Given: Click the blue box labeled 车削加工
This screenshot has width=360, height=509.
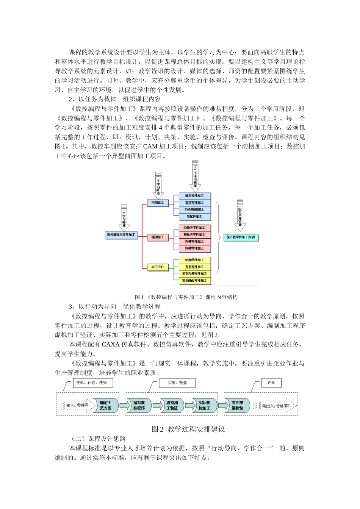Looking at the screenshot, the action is (158, 203).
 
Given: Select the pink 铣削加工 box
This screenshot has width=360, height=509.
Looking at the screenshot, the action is (158, 237).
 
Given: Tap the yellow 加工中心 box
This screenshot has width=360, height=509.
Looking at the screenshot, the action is (158, 267).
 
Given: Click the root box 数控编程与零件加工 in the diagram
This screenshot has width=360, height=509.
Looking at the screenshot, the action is (121, 235).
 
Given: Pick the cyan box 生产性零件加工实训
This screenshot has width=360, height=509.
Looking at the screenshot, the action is (241, 237).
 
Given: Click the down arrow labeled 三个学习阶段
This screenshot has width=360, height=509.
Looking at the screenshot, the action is (158, 185).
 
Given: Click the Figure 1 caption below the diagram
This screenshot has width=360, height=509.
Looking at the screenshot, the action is (186, 297).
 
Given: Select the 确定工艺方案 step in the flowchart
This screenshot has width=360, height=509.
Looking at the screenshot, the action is (105, 405).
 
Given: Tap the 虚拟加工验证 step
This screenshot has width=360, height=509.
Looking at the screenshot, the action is (172, 405).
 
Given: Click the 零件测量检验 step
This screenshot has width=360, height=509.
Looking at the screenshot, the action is (237, 405).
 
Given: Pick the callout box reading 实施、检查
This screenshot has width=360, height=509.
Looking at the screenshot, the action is (177, 383).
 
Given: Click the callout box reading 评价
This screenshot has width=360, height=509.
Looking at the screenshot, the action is (271, 383).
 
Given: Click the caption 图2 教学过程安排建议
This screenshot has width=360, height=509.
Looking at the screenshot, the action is (188, 429).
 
